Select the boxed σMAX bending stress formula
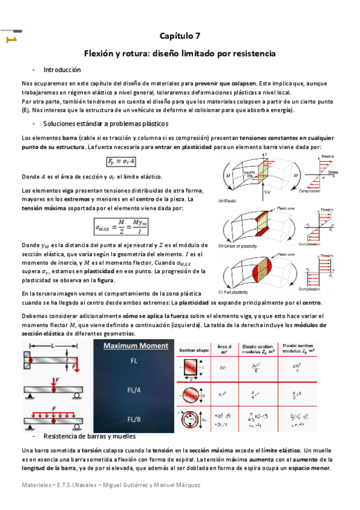126,227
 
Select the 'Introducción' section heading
63,70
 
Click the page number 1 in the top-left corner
10,40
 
